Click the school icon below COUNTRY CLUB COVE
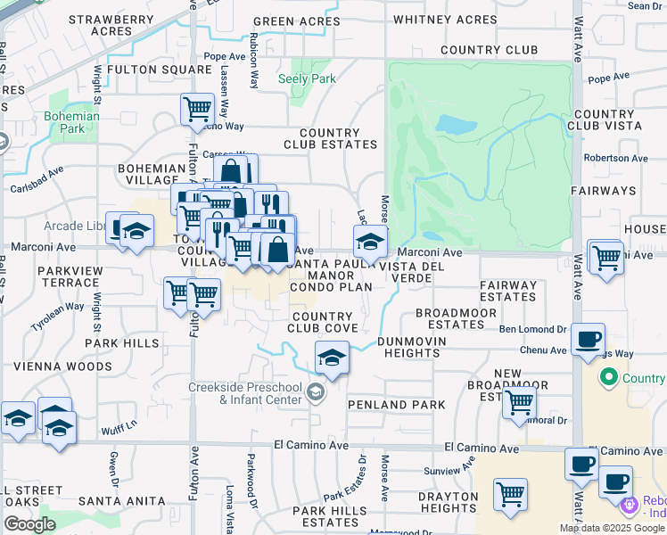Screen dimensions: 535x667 click(332, 358)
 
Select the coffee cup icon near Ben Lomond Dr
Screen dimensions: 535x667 click(588, 340)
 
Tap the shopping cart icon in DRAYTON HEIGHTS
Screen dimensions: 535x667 click(510, 493)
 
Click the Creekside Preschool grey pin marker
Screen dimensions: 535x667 click(315, 392)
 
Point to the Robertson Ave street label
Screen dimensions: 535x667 click(613, 158)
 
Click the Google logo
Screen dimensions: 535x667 click(29, 524)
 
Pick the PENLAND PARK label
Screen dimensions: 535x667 click(409, 405)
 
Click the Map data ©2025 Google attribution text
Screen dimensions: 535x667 click(612, 528)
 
